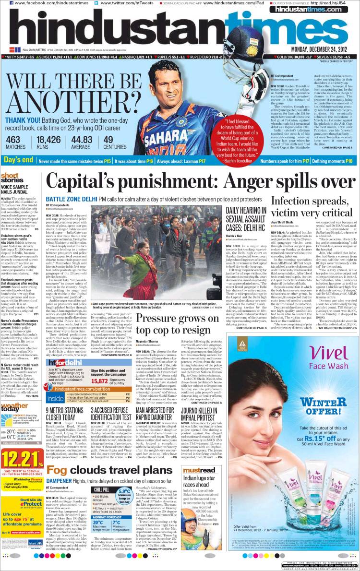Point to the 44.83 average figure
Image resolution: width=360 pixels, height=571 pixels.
(x=81, y=140)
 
